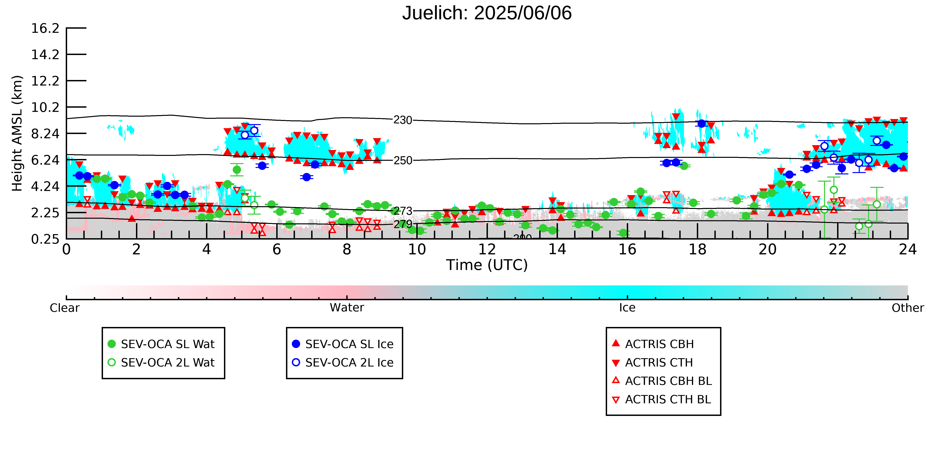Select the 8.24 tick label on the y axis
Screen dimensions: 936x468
[45, 134]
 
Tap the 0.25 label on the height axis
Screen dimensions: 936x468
[45, 239]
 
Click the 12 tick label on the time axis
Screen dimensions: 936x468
[487, 249]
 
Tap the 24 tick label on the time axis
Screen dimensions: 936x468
[908, 249]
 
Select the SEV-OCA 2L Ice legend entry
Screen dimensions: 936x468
[343, 362]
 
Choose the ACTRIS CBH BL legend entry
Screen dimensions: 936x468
[662, 381]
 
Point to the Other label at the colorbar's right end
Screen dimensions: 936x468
[908, 308]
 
